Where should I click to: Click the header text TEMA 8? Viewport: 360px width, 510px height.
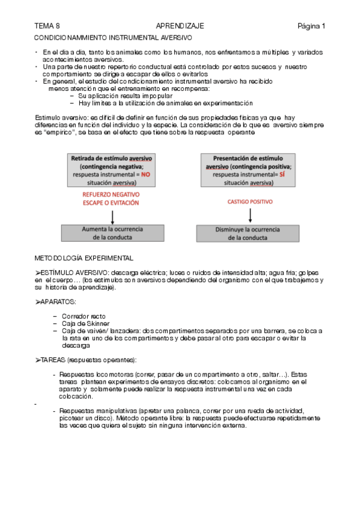click(x=47, y=26)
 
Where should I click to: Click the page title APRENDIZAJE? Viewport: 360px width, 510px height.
click(x=180, y=26)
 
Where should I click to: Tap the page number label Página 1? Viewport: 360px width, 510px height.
click(x=311, y=26)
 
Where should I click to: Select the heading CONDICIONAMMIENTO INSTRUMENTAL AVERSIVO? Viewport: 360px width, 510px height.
click(x=113, y=37)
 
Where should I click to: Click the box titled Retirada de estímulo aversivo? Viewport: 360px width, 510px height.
click(x=111, y=170)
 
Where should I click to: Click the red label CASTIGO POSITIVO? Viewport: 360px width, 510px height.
click(x=249, y=202)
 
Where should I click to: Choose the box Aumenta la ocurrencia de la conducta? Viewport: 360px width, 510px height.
click(x=111, y=233)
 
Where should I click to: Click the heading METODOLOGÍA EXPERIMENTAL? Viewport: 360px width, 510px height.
click(x=84, y=258)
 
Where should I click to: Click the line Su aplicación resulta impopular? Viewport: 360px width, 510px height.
click(x=125, y=96)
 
